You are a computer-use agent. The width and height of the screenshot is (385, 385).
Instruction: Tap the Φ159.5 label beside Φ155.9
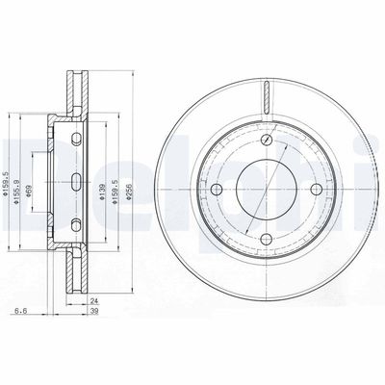6,183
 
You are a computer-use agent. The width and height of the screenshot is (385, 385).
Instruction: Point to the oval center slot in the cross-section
76,182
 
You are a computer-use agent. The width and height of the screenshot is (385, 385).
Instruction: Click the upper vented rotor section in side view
76,91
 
